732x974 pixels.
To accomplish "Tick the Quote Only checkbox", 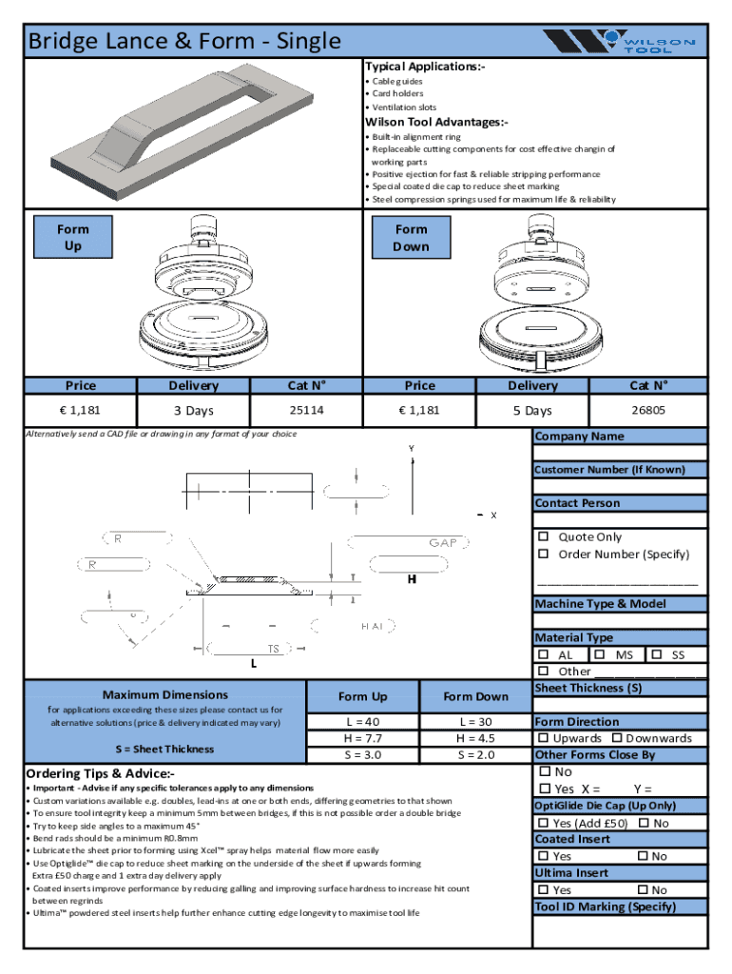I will [x=544, y=537].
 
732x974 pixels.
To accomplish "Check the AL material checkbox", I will [x=544, y=655].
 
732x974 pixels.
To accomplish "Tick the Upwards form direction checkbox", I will [x=544, y=738].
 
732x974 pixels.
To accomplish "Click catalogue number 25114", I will [x=306, y=410].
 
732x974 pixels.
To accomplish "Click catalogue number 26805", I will [x=648, y=410].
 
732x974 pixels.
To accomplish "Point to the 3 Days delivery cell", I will [x=193, y=411].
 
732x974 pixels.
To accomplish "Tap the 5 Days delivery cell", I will [x=532, y=411].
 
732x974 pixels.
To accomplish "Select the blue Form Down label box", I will [x=412, y=238].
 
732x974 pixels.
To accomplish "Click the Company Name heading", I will [x=579, y=437].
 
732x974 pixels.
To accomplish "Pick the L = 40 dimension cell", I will [x=363, y=722].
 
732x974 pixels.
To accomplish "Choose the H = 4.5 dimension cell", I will [x=475, y=738].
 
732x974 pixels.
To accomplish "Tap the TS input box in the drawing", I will [x=255, y=649].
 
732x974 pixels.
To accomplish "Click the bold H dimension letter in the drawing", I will [x=412, y=579].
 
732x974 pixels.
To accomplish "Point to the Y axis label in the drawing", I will [x=412, y=448].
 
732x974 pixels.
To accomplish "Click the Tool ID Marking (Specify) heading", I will [x=605, y=906].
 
